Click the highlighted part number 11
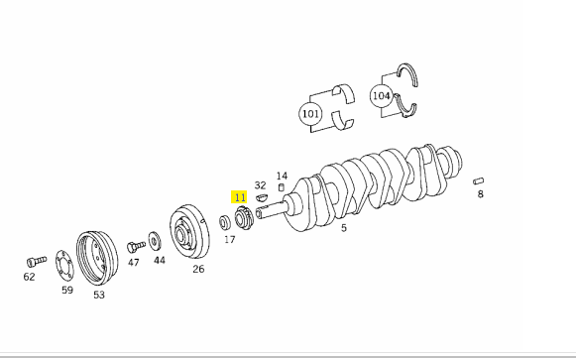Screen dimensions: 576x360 pos(239,197)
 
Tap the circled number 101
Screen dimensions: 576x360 pos(310,114)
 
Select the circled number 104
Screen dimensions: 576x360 pos(381,96)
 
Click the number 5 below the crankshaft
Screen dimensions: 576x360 pos(343,228)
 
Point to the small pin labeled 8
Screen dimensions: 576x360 pos(478,180)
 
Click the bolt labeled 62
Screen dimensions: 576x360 pos(37,261)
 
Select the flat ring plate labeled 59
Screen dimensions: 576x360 pos(64,266)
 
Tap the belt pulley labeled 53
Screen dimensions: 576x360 pos(97,258)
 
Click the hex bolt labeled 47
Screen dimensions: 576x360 pos(136,247)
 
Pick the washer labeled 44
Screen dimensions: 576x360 pos(155,241)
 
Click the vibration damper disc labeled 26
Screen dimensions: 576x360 pos(189,232)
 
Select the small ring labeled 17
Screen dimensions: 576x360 pos(225,222)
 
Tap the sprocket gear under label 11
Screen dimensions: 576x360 pos(244,218)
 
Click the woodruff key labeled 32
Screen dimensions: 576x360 pos(262,197)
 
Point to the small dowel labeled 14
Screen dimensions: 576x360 pos(282,187)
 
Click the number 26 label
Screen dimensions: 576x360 pos(198,269)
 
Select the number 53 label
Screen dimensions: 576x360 pos(99,295)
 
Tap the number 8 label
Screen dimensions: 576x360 pos(481,194)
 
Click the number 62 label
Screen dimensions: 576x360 pos(29,277)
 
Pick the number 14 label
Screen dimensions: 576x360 pos(282,176)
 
